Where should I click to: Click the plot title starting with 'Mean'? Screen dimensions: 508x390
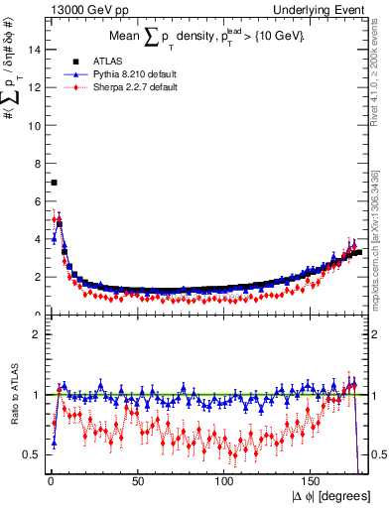point(208,36)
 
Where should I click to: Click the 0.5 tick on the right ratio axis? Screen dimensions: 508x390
point(382,454)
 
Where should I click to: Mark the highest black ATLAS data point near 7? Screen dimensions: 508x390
point(54,183)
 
